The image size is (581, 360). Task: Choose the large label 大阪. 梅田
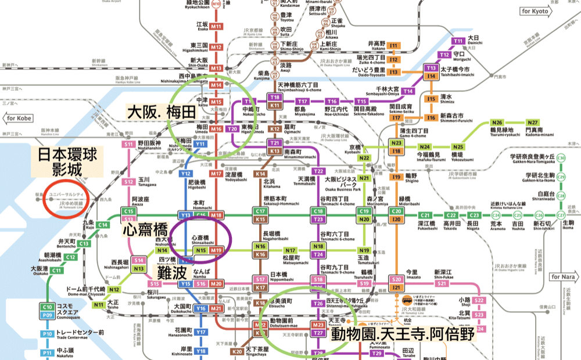[161, 112]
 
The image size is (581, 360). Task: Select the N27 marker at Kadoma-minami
[532, 123]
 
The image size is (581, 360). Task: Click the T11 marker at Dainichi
[458, 41]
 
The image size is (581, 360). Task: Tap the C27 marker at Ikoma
[561, 215]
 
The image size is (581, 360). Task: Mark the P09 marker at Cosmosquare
[47, 315]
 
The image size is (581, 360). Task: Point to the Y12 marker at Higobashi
[186, 174]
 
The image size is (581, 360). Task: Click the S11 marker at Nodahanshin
[128, 144]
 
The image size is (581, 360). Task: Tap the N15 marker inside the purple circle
[201, 250]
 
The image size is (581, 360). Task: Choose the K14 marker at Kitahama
[261, 174]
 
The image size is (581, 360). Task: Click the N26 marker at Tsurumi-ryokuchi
[497, 123]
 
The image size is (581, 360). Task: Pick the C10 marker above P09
[47, 307]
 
